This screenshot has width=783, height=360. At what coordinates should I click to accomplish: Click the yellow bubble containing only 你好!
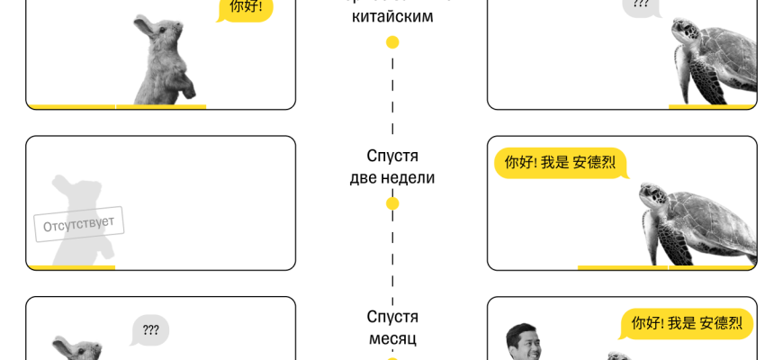tap(245, 8)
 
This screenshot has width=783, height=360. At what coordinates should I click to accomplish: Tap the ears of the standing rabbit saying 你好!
tap(142, 22)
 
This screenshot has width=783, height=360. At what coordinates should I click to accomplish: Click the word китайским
tap(392, 16)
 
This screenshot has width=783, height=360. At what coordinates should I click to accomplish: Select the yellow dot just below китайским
tap(392, 42)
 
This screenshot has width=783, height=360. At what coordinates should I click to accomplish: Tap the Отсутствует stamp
tap(79, 224)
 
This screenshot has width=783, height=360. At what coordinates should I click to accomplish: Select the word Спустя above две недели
tap(392, 156)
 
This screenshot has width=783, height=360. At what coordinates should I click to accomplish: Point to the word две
tap(364, 177)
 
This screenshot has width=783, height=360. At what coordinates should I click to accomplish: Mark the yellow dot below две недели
tap(392, 203)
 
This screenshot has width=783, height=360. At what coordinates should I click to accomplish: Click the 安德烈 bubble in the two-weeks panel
tap(560, 163)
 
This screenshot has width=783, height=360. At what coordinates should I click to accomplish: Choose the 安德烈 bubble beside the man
tap(687, 323)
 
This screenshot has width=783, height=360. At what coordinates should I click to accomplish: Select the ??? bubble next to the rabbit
tap(150, 330)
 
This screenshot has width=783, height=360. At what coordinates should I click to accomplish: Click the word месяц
tap(392, 339)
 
